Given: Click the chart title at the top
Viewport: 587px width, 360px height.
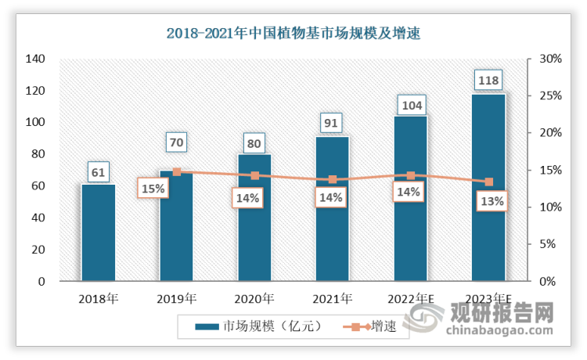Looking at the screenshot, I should coord(293,33).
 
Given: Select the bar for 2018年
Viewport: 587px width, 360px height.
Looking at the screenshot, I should coord(98,232).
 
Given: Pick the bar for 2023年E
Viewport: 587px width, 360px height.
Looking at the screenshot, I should coord(488,187).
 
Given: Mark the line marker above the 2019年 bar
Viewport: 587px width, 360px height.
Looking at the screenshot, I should coord(176,172).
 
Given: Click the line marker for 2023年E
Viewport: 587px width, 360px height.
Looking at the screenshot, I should coord(488,182).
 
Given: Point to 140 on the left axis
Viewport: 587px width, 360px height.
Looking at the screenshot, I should coord(35,59).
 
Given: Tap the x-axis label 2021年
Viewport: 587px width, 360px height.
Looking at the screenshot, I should coord(333,298).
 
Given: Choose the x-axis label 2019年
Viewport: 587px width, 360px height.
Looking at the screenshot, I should coord(176,298).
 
